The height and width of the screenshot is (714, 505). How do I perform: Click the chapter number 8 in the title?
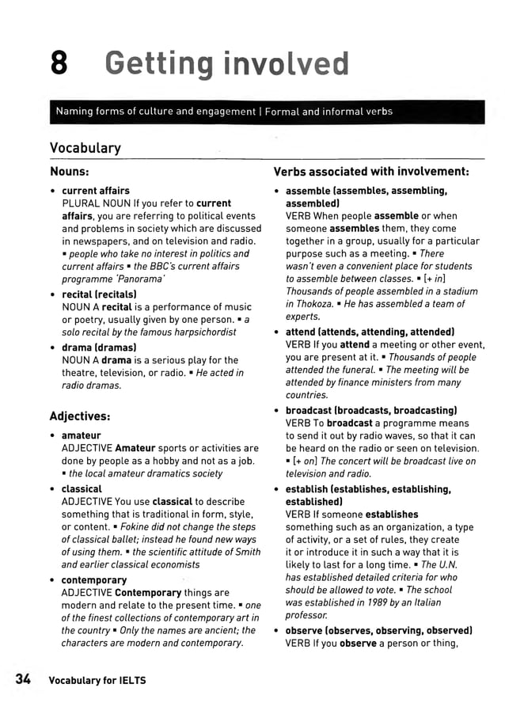click(x=59, y=63)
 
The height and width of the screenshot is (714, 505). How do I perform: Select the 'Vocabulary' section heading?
click(x=85, y=148)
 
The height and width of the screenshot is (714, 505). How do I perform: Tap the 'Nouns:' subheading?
click(x=69, y=171)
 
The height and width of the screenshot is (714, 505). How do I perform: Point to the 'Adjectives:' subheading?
click(x=79, y=416)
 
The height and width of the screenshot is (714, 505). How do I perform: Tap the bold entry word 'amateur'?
click(x=82, y=436)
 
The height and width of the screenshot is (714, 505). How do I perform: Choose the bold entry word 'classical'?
click(x=82, y=489)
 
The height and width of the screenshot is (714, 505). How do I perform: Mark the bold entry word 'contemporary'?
click(x=94, y=579)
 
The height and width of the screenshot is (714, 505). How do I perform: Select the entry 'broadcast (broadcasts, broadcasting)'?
click(x=371, y=411)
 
